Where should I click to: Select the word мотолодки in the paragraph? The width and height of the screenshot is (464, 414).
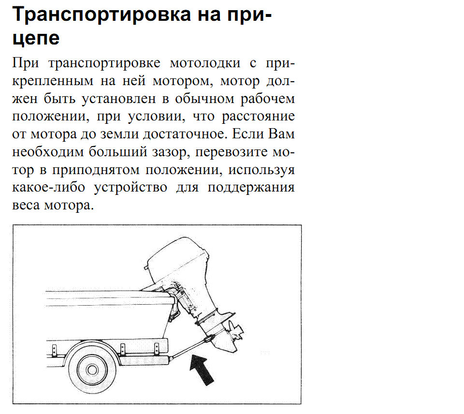point(205,63)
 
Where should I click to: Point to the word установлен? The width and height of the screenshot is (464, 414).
point(119,99)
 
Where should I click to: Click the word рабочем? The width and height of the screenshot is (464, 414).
point(268,99)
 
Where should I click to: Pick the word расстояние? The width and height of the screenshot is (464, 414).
point(258,117)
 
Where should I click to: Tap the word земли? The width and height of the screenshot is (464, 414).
point(119,134)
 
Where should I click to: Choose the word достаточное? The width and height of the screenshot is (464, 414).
point(185,134)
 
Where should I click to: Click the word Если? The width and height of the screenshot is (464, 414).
point(248,133)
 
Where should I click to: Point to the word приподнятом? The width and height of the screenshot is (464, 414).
point(96,170)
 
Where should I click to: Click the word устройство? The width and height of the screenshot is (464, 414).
point(130,188)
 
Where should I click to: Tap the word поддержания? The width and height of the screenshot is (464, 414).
point(251,188)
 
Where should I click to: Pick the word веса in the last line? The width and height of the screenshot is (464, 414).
point(26,205)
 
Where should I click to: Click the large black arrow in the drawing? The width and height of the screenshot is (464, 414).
point(202,370)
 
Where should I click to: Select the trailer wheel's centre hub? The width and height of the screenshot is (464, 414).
point(92,370)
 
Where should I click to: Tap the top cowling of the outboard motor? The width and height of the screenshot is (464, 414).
point(177,261)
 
